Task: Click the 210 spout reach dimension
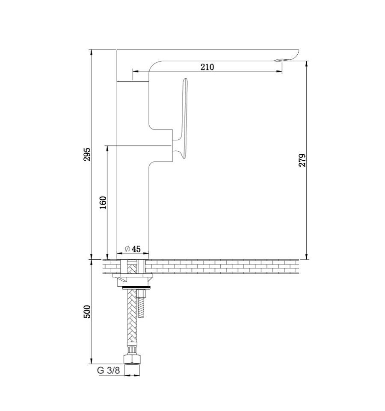[x=207, y=67]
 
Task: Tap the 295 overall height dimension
[x=87, y=154]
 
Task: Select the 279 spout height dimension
[x=302, y=160]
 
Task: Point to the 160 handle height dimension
[x=103, y=203]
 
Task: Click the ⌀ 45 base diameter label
[x=133, y=249]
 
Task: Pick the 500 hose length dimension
[x=87, y=311]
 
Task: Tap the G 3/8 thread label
[x=108, y=370]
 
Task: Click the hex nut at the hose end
[x=132, y=359]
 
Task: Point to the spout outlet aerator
[x=280, y=60]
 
